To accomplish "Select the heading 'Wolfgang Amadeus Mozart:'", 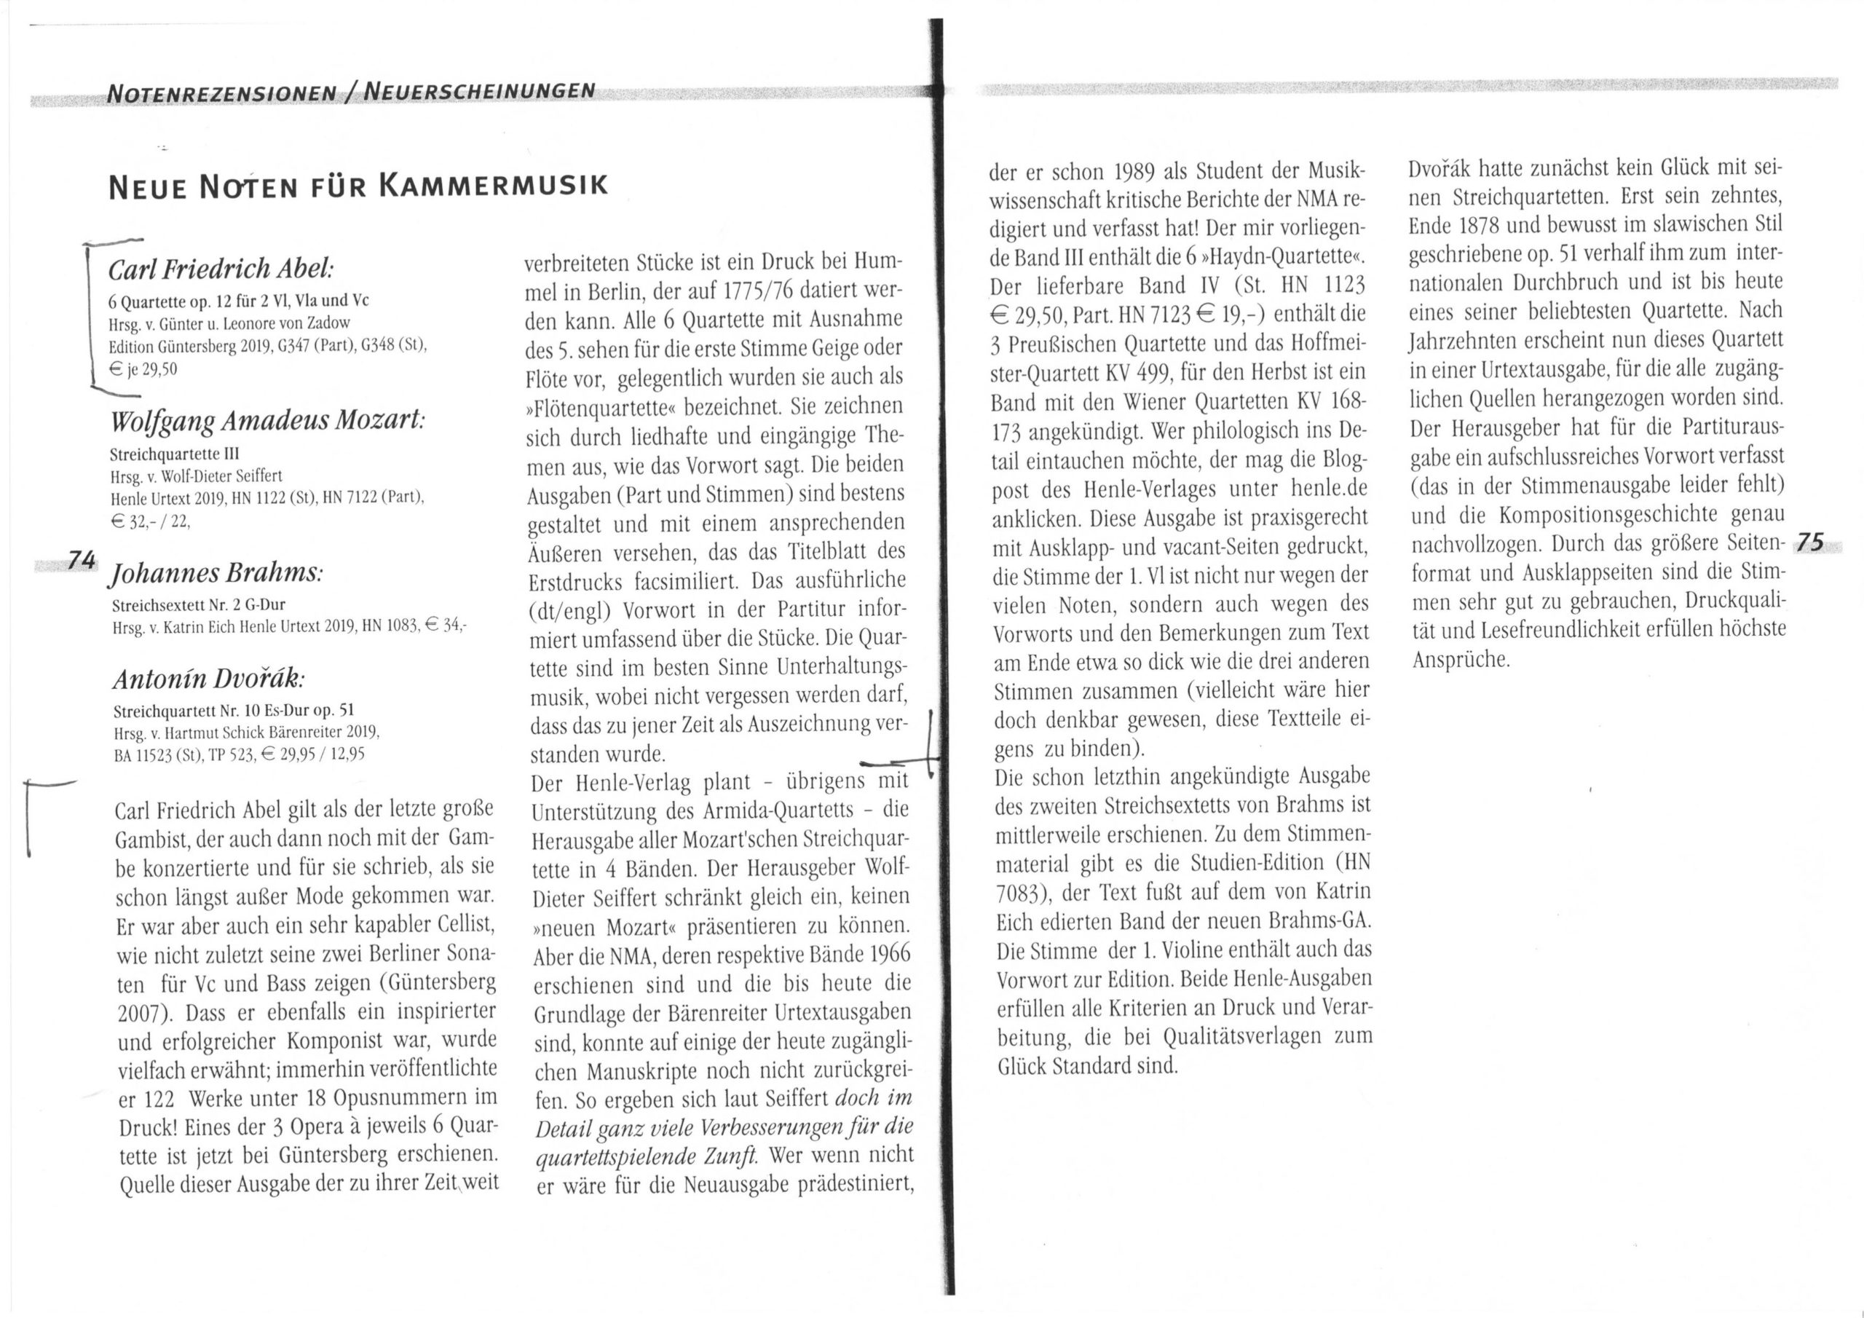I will pos(267,422).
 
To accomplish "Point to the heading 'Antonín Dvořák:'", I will pos(210,677).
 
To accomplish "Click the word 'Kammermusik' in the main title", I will pos(492,186).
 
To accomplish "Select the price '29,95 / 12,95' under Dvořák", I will pos(323,754).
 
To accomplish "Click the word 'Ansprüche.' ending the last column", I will pos(1461,660).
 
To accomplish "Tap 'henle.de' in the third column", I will pos(1327,489).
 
